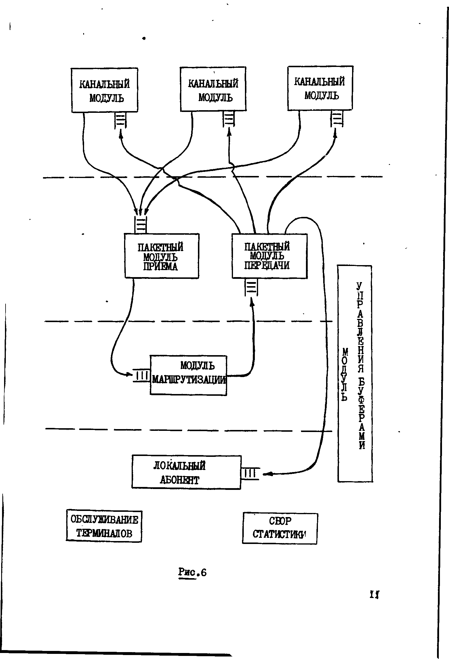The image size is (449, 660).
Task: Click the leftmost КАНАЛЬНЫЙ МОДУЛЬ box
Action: pyautogui.click(x=105, y=90)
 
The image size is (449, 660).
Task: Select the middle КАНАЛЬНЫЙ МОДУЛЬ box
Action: pyautogui.click(x=213, y=89)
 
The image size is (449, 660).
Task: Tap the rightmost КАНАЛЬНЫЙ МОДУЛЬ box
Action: pyautogui.click(x=320, y=88)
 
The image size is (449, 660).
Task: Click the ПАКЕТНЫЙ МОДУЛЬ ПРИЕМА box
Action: pyautogui.click(x=162, y=256)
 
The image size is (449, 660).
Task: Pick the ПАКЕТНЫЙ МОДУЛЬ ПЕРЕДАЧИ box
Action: pyautogui.click(x=269, y=256)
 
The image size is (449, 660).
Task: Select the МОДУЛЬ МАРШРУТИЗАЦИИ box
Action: pyautogui.click(x=189, y=375)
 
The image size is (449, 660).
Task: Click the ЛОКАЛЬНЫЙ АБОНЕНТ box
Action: pyautogui.click(x=186, y=472)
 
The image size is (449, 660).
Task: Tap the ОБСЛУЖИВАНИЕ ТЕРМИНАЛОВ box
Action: pyautogui.click(x=104, y=526)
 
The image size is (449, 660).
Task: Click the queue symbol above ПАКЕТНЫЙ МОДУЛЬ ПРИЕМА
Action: pyautogui.click(x=141, y=225)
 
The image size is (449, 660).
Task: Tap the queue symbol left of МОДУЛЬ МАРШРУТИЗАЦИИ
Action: pyautogui.click(x=142, y=375)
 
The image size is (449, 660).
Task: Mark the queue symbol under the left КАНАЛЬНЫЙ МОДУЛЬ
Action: pyautogui.click(x=120, y=120)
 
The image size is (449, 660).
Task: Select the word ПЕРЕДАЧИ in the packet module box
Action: pyautogui.click(x=267, y=265)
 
